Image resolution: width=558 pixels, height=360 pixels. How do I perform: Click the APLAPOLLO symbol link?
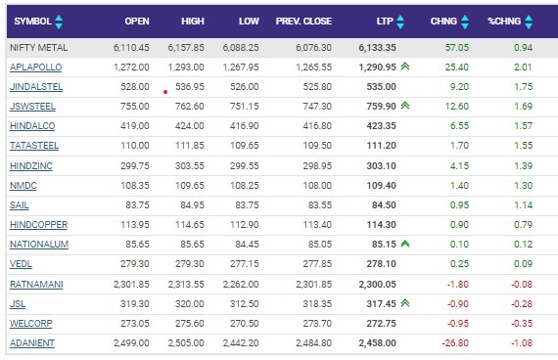click(x=35, y=67)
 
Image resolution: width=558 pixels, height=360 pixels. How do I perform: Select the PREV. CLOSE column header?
click(x=303, y=22)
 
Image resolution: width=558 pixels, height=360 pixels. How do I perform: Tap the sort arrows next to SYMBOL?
click(x=59, y=22)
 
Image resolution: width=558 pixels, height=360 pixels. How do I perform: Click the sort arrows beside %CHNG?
click(x=529, y=22)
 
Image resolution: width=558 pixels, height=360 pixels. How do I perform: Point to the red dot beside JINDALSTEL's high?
click(x=165, y=92)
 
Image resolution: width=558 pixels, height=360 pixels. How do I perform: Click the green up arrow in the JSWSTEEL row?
click(x=405, y=106)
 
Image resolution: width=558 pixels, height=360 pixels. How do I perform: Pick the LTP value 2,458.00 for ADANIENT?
click(x=377, y=343)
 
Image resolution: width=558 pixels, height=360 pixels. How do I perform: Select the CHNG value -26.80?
click(x=455, y=343)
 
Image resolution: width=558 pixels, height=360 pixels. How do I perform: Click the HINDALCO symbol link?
click(x=32, y=126)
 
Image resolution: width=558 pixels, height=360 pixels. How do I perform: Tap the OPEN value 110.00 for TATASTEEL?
click(x=135, y=146)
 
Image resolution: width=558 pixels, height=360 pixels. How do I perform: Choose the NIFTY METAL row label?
click(x=38, y=48)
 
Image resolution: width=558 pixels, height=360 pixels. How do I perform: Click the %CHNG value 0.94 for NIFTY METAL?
click(x=523, y=48)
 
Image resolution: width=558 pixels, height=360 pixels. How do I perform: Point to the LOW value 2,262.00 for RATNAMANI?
click(x=241, y=285)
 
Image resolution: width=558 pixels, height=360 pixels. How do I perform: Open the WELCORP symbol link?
click(x=31, y=324)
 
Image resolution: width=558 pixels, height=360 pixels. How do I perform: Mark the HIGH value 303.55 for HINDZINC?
click(x=190, y=165)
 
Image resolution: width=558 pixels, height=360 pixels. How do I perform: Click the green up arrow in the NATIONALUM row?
click(x=405, y=244)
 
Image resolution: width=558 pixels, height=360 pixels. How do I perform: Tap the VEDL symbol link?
click(x=21, y=264)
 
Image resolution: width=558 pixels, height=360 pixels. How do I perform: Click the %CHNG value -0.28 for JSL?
click(x=522, y=304)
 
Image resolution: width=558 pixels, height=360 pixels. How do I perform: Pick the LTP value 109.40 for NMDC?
click(x=382, y=185)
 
